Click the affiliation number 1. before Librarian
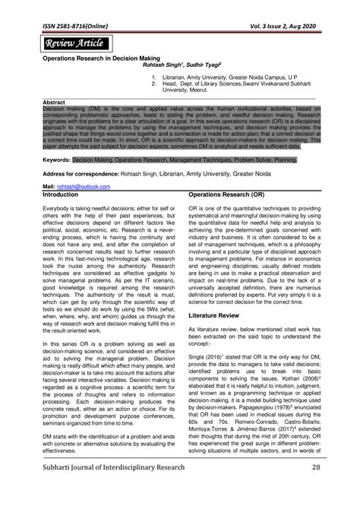pos(153,77)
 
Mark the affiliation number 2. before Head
pos(153,84)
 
